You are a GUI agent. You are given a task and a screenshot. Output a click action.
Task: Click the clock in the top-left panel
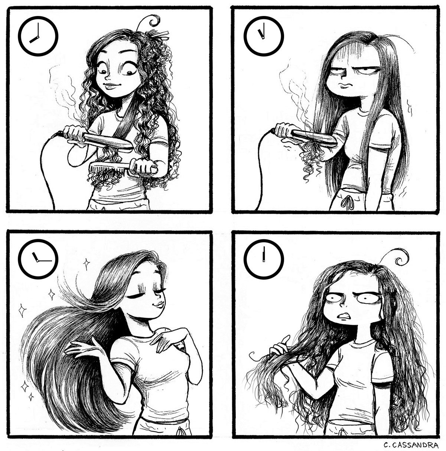click(x=38, y=36)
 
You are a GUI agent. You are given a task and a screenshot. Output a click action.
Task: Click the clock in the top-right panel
click(x=264, y=36)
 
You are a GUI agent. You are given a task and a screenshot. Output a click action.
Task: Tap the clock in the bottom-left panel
click(x=38, y=259)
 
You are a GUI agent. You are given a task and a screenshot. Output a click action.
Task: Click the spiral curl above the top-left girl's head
click(x=153, y=21)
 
